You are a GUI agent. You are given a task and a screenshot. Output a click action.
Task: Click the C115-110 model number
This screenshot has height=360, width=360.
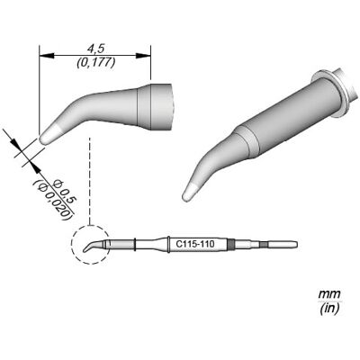pyautogui.click(x=195, y=245)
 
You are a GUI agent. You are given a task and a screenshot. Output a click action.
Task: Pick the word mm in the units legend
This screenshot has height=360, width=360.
pyautogui.click(x=329, y=292)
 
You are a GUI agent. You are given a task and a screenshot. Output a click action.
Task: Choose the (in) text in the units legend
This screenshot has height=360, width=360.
pyautogui.click(x=329, y=308)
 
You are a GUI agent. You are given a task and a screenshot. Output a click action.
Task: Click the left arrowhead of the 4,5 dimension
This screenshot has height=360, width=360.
pyautogui.click(x=47, y=56)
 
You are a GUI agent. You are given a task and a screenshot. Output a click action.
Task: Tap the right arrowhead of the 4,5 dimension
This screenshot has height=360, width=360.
pyautogui.click(x=143, y=56)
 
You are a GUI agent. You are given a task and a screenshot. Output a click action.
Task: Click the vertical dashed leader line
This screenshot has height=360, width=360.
pyautogui.click(x=90, y=181)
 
